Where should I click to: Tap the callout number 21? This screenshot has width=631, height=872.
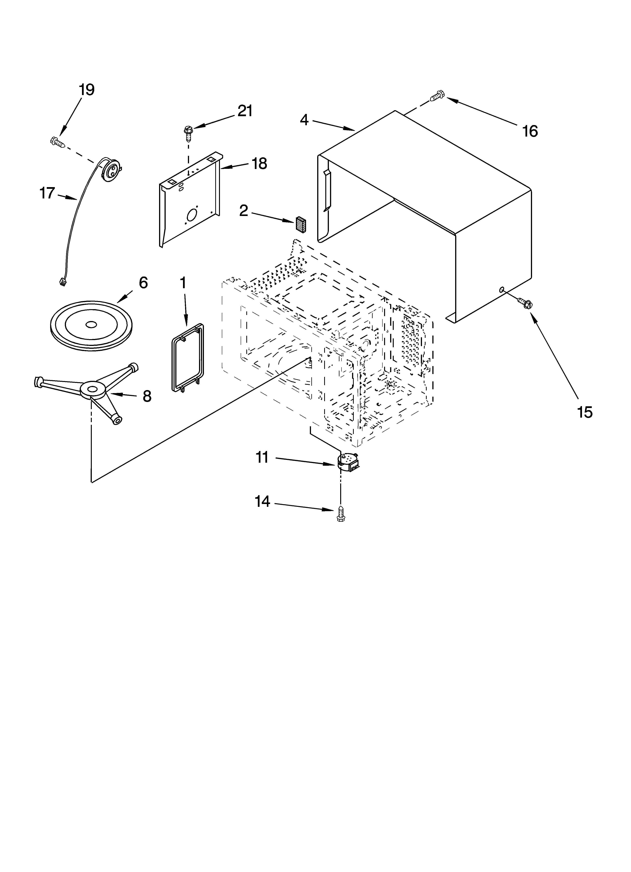[x=245, y=111]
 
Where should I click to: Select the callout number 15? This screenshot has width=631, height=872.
[x=584, y=413]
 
